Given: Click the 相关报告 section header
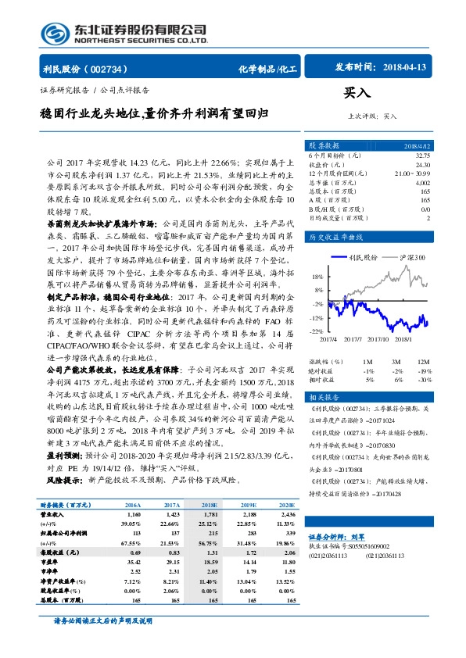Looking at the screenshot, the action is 324,397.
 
